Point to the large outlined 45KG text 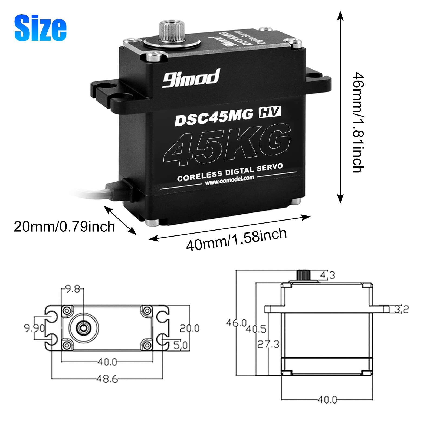tap(227, 145)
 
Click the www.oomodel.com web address tap(229, 180)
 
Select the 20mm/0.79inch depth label tap(64, 227)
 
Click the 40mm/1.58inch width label tap(236, 240)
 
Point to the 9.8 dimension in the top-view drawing tap(73, 289)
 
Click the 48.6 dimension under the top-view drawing tap(107, 379)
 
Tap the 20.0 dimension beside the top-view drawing tap(189, 328)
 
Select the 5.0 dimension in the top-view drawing tap(180, 345)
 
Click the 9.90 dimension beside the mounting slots tap(34, 328)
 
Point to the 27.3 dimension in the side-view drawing tap(268, 344)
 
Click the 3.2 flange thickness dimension tap(401, 309)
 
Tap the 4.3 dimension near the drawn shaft tap(327, 275)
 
